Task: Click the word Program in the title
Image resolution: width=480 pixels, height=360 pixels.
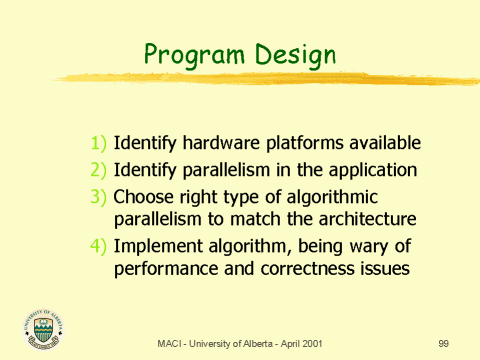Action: (191, 51)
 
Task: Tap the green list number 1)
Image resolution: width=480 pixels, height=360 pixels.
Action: (99, 143)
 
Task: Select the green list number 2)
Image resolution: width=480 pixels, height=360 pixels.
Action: (99, 170)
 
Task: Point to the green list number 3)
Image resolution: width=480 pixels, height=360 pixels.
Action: (99, 196)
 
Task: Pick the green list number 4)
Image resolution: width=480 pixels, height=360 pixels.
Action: (99, 244)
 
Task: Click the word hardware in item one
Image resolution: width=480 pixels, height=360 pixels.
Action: (214, 143)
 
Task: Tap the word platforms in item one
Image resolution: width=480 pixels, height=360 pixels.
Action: (297, 143)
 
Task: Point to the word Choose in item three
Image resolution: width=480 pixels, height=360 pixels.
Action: (144, 196)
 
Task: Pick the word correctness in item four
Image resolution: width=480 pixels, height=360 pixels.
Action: (294, 268)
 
